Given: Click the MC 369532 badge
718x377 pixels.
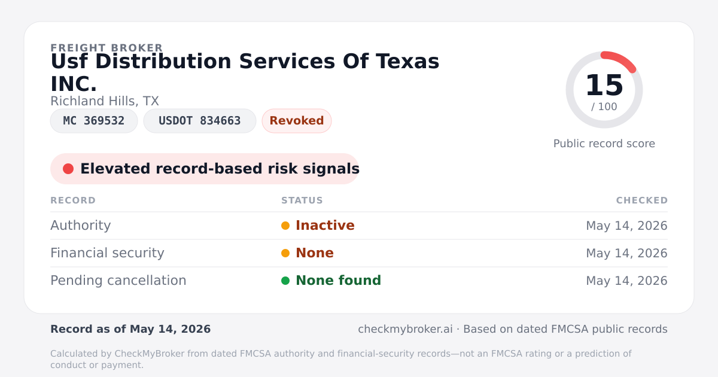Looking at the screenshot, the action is coord(94,121).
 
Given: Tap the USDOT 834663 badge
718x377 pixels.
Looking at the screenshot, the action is coord(200,121).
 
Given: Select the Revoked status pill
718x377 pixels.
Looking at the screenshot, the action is coord(297,121).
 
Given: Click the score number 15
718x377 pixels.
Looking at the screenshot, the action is coord(604,85).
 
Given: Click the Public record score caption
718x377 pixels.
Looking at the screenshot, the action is coord(604,144).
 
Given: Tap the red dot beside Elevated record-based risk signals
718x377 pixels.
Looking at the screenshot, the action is coord(68,169).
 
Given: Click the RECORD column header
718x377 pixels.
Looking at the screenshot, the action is coord(73,200).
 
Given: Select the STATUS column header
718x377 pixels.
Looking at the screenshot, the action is coord(302,200).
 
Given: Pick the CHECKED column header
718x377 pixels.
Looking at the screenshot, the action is coord(641,200).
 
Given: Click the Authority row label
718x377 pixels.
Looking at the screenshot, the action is coord(80,226).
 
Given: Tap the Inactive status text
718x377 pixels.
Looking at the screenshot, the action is coord(325,226).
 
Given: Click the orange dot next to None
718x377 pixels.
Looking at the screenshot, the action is coord(285,253).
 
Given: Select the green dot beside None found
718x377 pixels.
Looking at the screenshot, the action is coord(285,281).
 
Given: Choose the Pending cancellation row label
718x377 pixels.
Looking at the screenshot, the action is coord(118,281).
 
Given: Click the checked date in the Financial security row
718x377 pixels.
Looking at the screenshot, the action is coord(626,253).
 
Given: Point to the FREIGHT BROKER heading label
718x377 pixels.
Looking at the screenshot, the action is coord(107,48).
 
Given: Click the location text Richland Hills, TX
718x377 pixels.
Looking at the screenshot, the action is coord(105,101).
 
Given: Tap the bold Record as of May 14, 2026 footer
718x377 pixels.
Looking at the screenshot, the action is coord(130,329).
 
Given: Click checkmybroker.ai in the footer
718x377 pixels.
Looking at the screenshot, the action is coord(405,329).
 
